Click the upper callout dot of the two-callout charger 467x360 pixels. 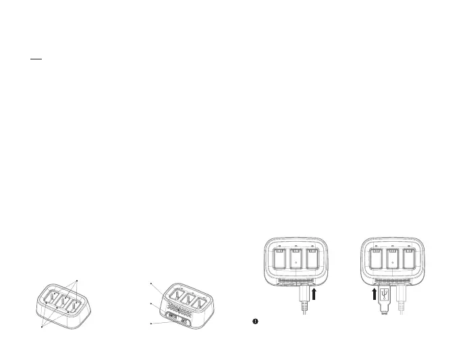(78, 280)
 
